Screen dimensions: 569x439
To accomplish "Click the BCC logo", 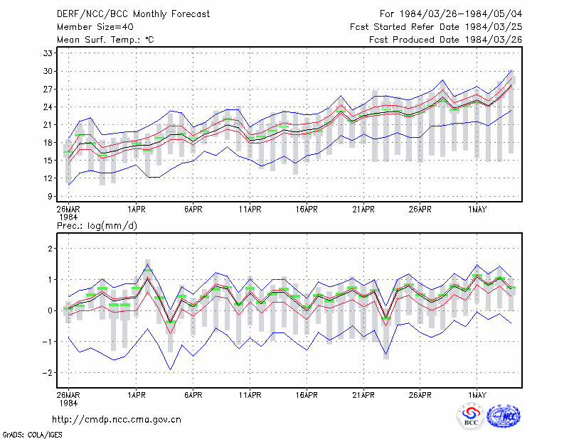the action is tap(471, 416).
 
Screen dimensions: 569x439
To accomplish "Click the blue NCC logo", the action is tap(504, 416).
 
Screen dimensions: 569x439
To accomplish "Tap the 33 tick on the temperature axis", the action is tap(48, 53).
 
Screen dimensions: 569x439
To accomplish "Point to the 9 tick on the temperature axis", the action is tap(50, 196).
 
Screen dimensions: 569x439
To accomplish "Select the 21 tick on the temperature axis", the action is tap(48, 125).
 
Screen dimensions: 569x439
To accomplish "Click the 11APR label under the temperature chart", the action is tap(250, 210).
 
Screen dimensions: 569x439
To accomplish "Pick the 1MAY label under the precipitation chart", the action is tap(477, 395).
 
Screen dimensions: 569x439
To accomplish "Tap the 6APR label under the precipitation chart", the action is tap(193, 395).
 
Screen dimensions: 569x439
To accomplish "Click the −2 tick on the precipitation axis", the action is tap(47, 373).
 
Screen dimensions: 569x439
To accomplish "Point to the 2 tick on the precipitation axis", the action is tap(50, 249).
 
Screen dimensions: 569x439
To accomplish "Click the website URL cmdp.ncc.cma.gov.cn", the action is tap(117, 420).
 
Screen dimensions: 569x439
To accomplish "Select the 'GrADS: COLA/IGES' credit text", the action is tap(32, 435).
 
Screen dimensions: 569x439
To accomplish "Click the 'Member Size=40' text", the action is tap(95, 27).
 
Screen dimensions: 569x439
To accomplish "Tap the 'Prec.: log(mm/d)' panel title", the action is tap(97, 226).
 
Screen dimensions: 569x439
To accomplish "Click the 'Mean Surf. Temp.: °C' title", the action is tap(105, 40).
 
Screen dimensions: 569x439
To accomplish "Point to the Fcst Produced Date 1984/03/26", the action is tap(446, 40).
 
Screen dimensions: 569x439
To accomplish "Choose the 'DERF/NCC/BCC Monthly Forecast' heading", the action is tap(133, 14).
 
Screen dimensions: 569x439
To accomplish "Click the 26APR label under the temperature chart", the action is tap(420, 210).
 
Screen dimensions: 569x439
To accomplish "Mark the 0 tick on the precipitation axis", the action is tap(50, 310).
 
